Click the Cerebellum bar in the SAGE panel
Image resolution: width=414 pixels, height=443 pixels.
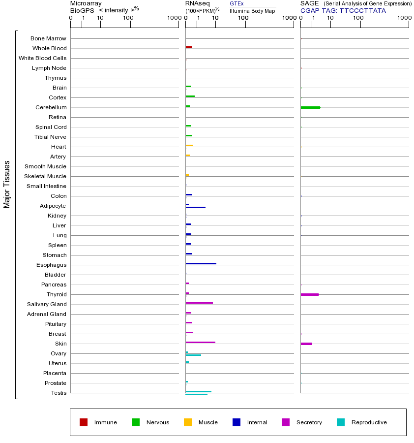coord(310,107)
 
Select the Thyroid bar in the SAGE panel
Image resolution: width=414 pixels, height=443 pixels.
coord(310,294)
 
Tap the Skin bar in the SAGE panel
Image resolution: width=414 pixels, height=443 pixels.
coord(306,344)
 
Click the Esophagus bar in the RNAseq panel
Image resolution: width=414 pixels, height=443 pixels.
coord(201,263)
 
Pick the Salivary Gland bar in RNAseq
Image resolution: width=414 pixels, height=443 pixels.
coord(199,303)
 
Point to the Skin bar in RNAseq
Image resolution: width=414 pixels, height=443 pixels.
coord(200,342)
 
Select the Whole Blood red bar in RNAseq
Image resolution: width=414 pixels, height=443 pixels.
coord(189,47)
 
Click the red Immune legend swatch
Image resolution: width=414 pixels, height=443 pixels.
coord(84,422)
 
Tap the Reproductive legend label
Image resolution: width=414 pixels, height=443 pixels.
coord(369,422)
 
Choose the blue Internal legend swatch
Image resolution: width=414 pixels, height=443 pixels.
coord(237,422)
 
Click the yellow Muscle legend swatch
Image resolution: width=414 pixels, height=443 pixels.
coord(188,422)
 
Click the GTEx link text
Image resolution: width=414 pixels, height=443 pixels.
coord(237,3)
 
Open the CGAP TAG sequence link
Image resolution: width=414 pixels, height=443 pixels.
coord(362,10)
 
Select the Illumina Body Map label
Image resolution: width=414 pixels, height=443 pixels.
coord(252,11)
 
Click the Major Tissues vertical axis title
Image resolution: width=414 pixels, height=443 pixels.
coord(7,184)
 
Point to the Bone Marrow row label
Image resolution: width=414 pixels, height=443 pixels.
coord(48,38)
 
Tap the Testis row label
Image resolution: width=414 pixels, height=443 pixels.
coord(59,393)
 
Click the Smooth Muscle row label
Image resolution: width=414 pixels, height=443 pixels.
coord(45,166)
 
